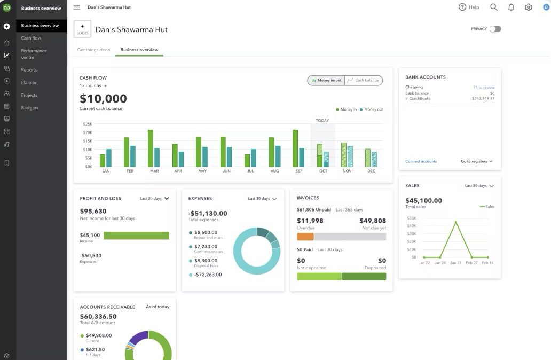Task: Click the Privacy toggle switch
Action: (495, 29)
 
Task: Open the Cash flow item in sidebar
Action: (31, 38)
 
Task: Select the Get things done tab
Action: (93, 50)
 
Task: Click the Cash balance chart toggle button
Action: (364, 80)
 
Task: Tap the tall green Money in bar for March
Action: (151, 148)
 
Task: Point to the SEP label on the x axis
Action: (298, 171)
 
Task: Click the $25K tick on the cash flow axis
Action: (88, 124)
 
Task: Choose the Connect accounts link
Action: (421, 161)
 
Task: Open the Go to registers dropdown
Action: (476, 161)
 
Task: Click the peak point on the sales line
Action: (455, 222)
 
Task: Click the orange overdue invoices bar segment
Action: (305, 237)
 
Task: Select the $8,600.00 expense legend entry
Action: (206, 233)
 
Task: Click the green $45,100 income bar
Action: (136, 236)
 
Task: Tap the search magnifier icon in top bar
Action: (494, 7)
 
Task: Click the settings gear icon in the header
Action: (528, 7)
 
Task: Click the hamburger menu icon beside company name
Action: (77, 7)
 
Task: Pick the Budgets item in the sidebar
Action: (30, 108)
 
